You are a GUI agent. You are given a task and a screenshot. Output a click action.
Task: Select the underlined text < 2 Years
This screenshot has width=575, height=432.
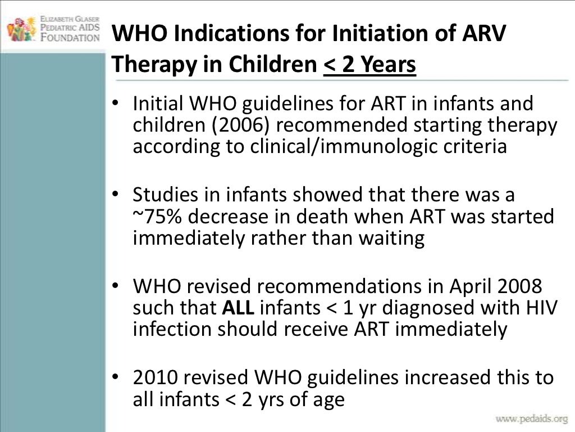pyautogui.click(x=369, y=66)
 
